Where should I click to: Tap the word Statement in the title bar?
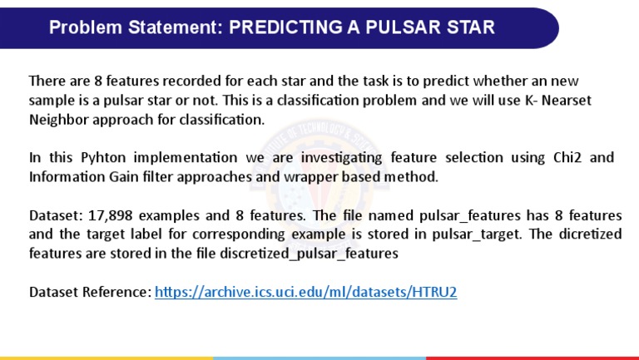pyautogui.click(x=171, y=27)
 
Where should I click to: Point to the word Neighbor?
pyautogui.click(x=60, y=120)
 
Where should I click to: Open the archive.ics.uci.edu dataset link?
pyautogui.click(x=306, y=292)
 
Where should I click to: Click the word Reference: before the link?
pyautogui.click(x=120, y=292)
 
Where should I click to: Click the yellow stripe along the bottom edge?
pyautogui.click(x=106, y=358)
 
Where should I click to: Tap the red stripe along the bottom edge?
pyautogui.click(x=532, y=358)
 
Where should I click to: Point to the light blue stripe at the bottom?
pyautogui.click(x=319, y=358)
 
